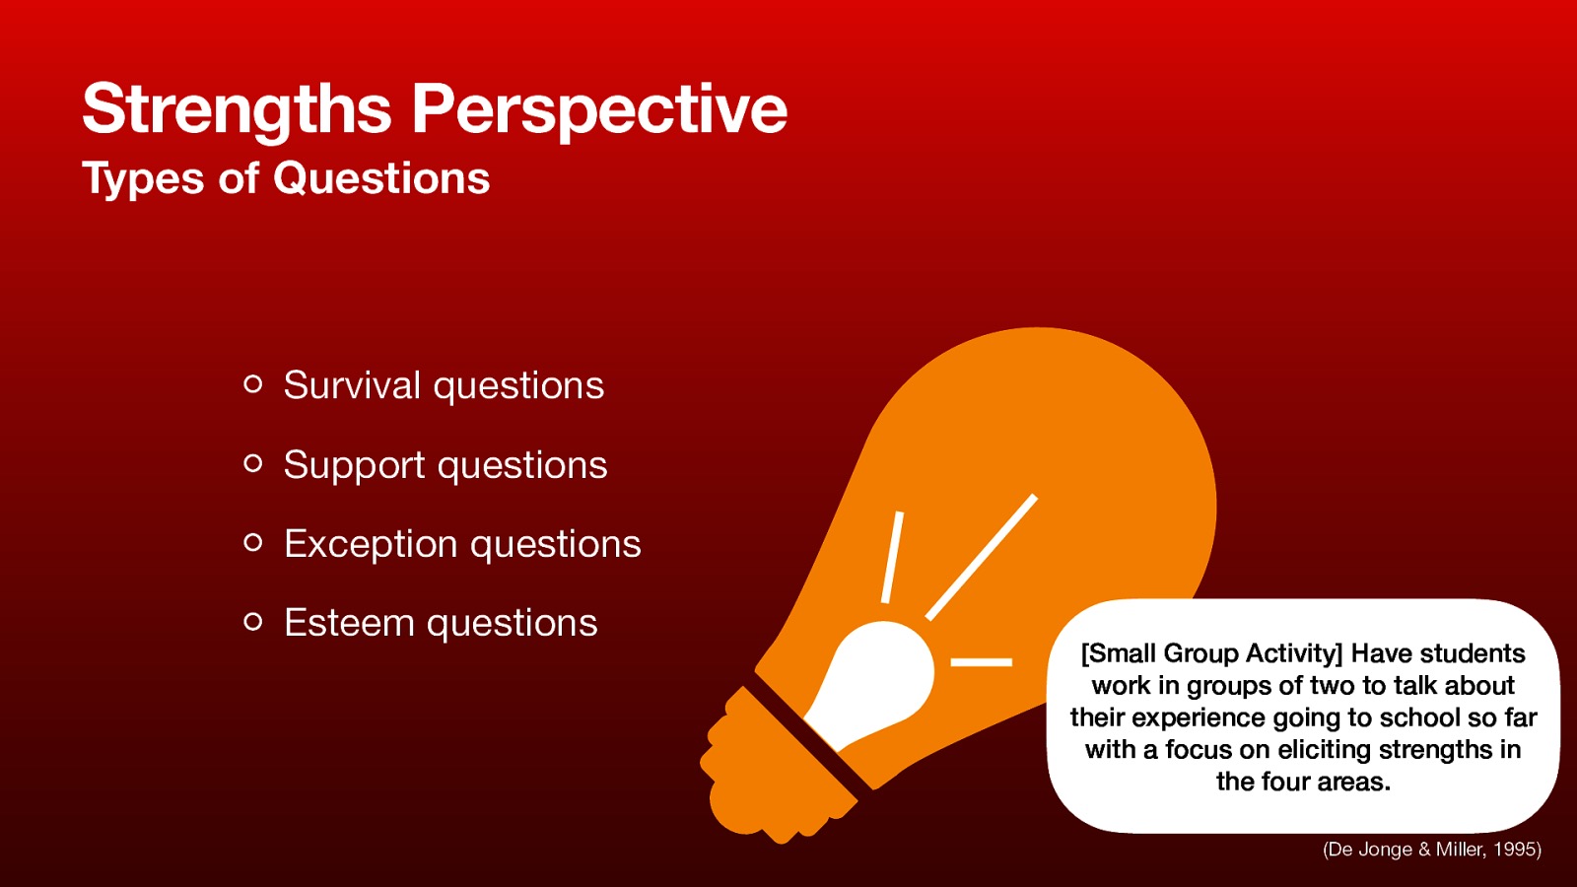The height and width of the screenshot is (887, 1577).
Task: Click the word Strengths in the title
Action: (237, 108)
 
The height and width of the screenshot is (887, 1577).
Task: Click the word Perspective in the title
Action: (599, 108)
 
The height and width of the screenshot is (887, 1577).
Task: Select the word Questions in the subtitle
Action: (381, 179)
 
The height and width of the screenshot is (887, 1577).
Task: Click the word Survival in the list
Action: (352, 385)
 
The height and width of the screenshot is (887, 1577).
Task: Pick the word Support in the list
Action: (354, 465)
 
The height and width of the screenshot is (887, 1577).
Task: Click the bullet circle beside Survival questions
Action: (253, 384)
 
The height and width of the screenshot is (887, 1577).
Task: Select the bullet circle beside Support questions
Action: (253, 463)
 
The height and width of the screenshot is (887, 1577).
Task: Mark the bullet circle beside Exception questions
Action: (253, 542)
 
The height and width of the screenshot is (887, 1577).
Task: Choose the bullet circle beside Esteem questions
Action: (253, 621)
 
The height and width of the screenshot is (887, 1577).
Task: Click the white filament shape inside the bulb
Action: (877, 680)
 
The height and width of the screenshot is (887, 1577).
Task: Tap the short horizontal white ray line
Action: (981, 661)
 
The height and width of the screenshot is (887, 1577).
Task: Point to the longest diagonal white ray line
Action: (982, 557)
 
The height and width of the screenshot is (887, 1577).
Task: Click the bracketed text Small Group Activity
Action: (1212, 653)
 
